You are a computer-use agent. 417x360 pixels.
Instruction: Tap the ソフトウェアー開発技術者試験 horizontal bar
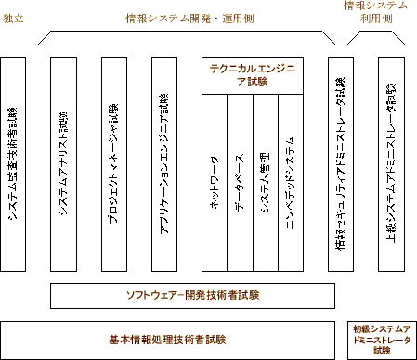tap(192, 296)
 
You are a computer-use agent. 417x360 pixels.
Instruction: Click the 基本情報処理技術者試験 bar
tap(167, 339)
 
